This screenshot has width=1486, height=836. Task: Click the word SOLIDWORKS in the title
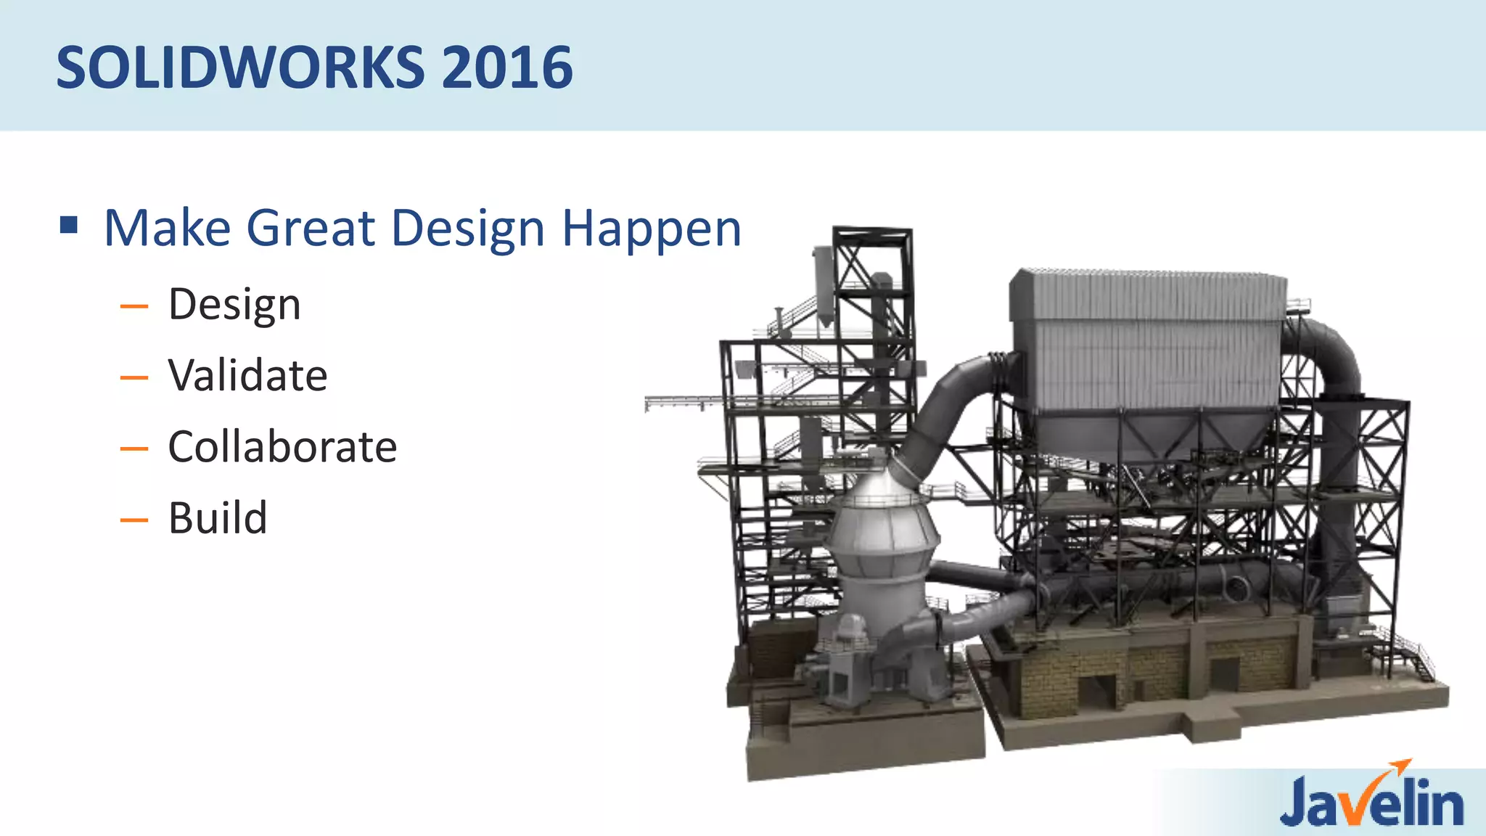click(x=239, y=67)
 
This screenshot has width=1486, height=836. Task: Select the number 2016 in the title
click(x=506, y=67)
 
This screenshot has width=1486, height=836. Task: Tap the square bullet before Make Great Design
click(x=69, y=225)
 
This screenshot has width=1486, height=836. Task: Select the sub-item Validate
click(x=247, y=376)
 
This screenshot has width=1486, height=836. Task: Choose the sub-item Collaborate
click(x=282, y=447)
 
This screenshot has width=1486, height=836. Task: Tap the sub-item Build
click(x=218, y=518)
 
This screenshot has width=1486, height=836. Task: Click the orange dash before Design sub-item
click(x=134, y=307)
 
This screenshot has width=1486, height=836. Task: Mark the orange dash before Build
click(x=134, y=520)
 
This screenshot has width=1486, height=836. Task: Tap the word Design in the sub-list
click(x=234, y=305)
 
